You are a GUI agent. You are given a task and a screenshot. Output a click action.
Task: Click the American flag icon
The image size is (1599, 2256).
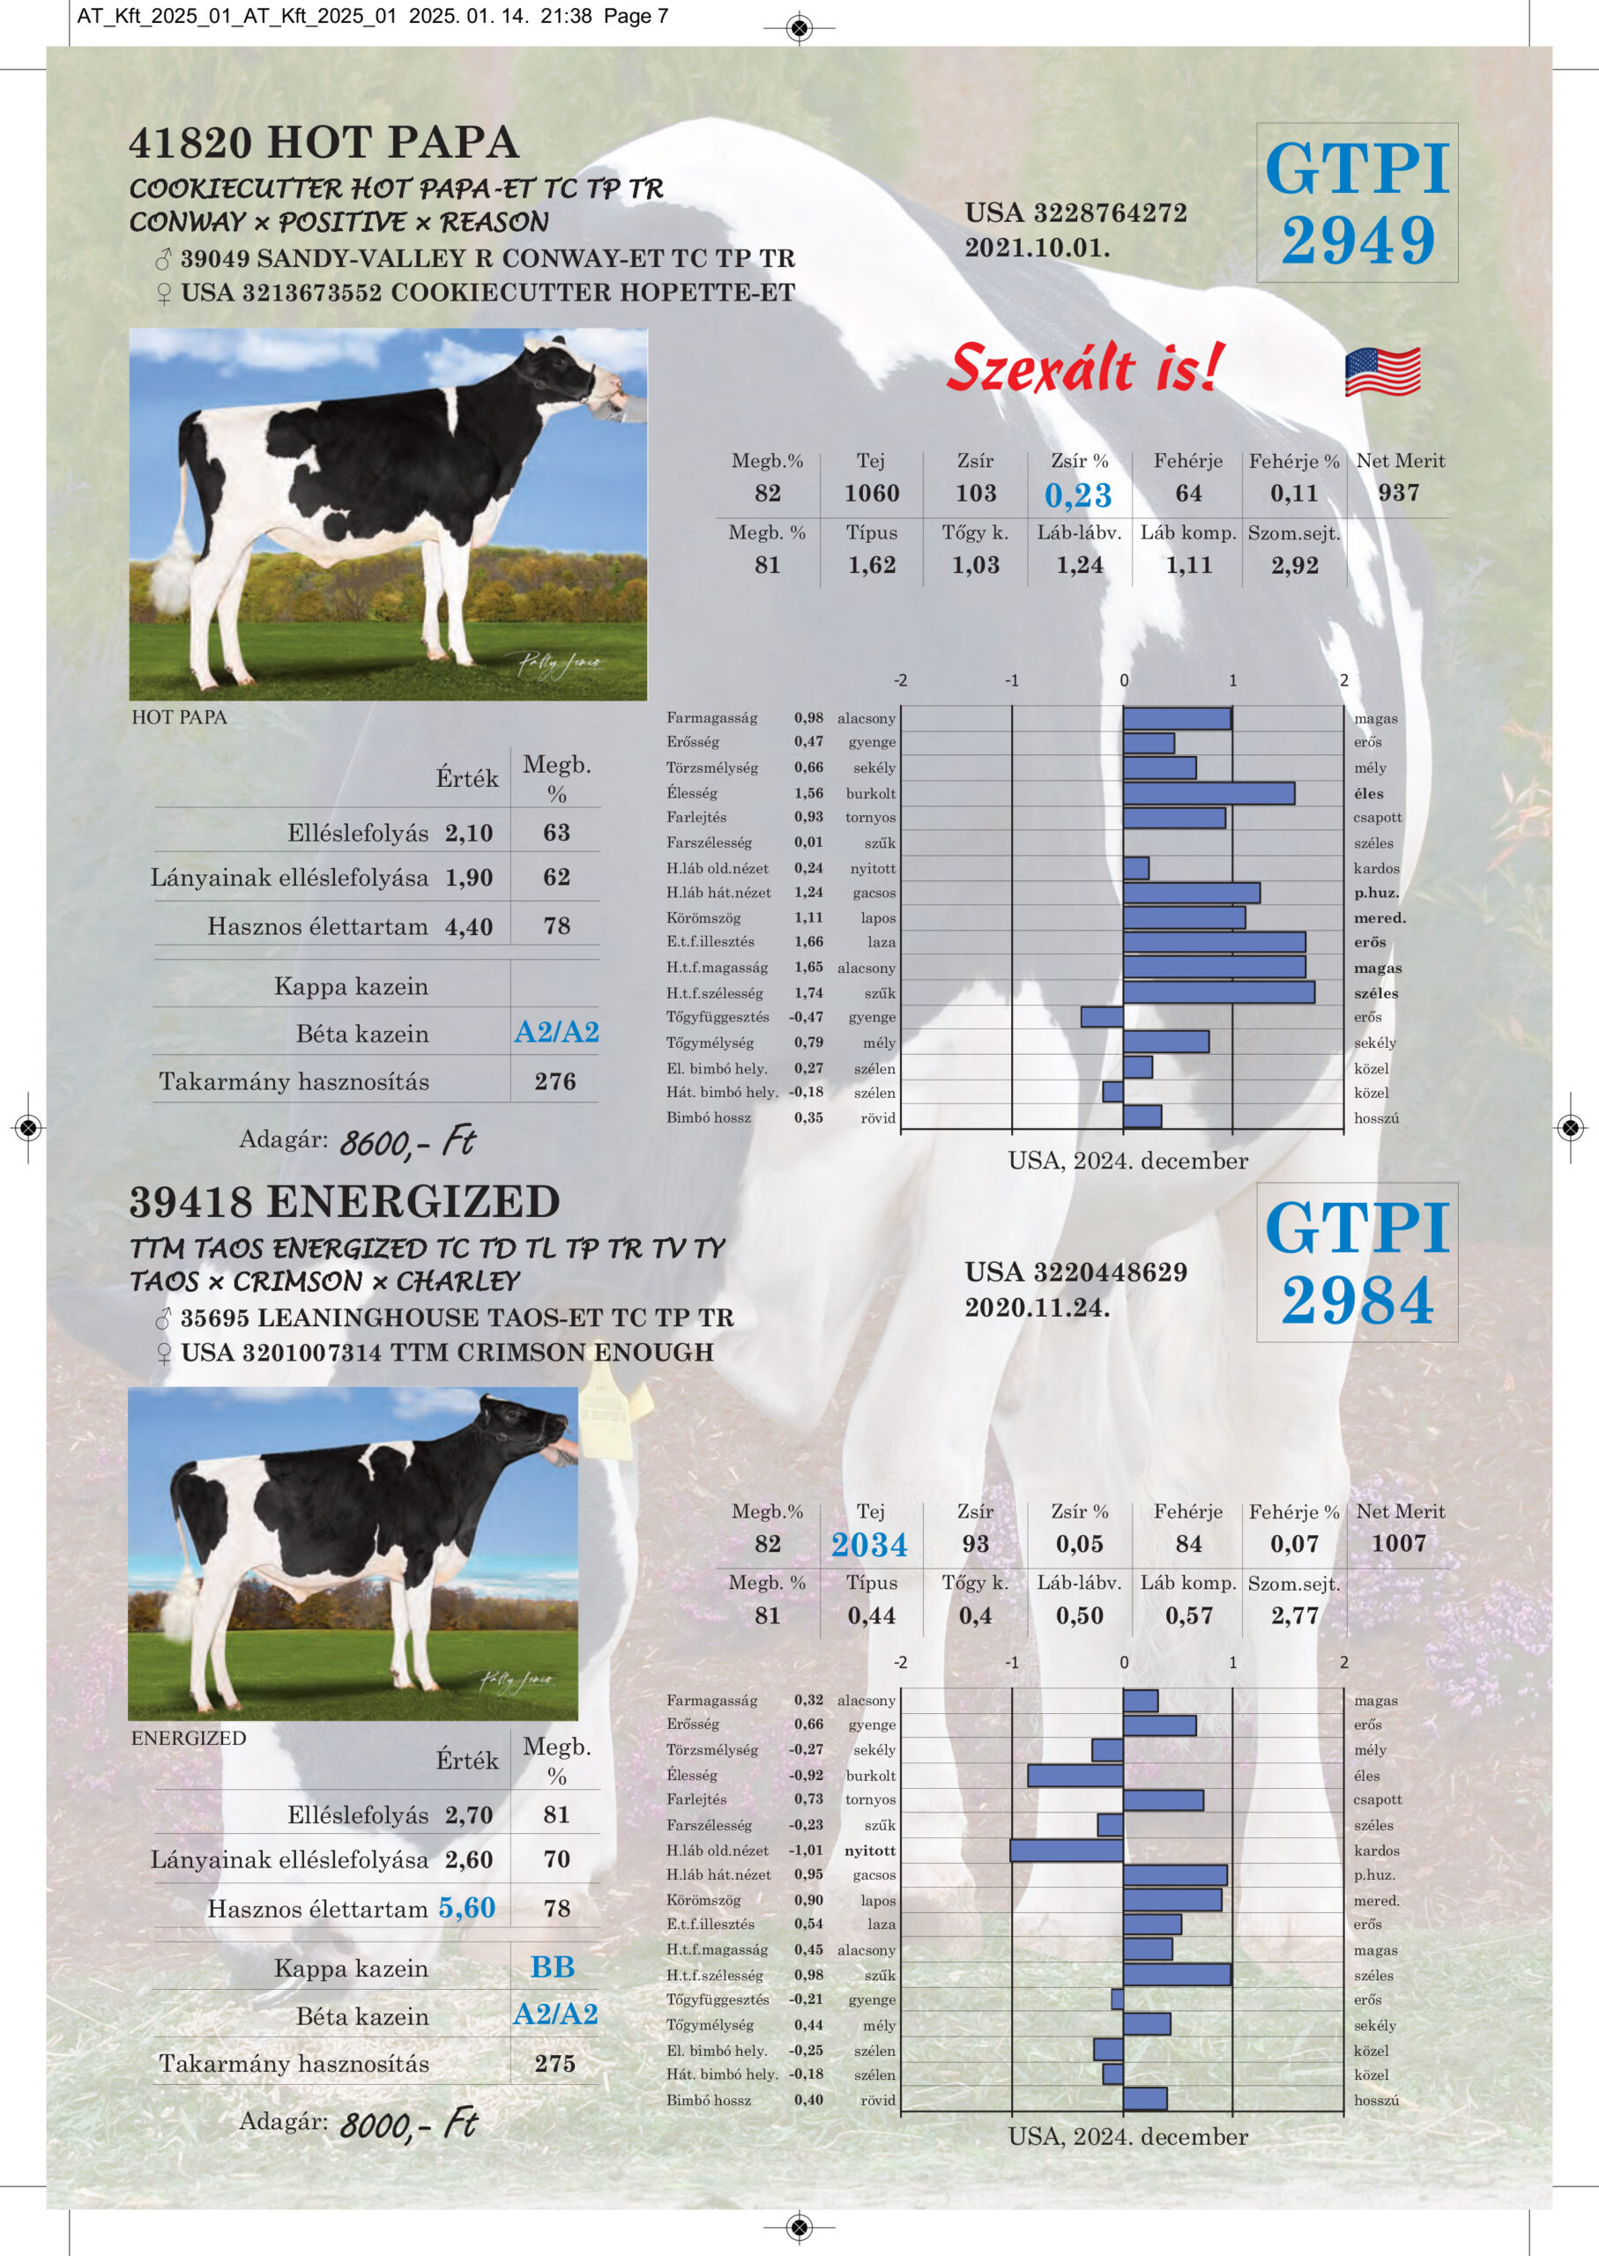coord(1382,371)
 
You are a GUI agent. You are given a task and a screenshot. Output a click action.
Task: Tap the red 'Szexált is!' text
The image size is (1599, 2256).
coord(1084,368)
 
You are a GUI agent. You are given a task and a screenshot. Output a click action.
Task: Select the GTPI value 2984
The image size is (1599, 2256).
coord(1357,1300)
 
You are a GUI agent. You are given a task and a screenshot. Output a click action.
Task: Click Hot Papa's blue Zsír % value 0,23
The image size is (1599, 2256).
coord(1078,495)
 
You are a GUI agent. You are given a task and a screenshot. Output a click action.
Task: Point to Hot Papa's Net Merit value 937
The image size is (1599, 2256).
coord(1399,493)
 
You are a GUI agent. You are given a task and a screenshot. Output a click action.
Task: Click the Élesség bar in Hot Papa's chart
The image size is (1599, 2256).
coord(1209,793)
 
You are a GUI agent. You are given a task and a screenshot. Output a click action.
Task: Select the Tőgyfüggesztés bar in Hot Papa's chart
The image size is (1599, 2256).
coord(1102,1017)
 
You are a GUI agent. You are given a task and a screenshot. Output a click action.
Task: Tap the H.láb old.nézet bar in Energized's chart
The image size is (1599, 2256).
coord(1067,1851)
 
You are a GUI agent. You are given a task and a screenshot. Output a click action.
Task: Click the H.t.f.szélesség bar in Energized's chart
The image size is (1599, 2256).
coord(1177,1975)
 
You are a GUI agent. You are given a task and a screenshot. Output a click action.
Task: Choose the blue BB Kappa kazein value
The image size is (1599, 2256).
coord(553,1967)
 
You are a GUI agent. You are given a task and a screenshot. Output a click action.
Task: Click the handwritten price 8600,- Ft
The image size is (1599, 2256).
coord(406,1142)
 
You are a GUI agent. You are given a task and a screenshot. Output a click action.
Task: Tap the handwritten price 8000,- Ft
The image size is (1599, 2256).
coord(406,2123)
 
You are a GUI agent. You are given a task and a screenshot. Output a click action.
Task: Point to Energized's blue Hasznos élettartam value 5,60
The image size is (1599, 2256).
coord(466,1908)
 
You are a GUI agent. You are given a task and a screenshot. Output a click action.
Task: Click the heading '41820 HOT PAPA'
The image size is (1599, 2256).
coord(324,143)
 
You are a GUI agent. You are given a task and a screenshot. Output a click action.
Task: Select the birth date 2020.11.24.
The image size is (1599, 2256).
coord(1037,1307)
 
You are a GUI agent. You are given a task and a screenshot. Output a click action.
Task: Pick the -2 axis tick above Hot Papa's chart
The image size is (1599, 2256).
coord(900,680)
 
